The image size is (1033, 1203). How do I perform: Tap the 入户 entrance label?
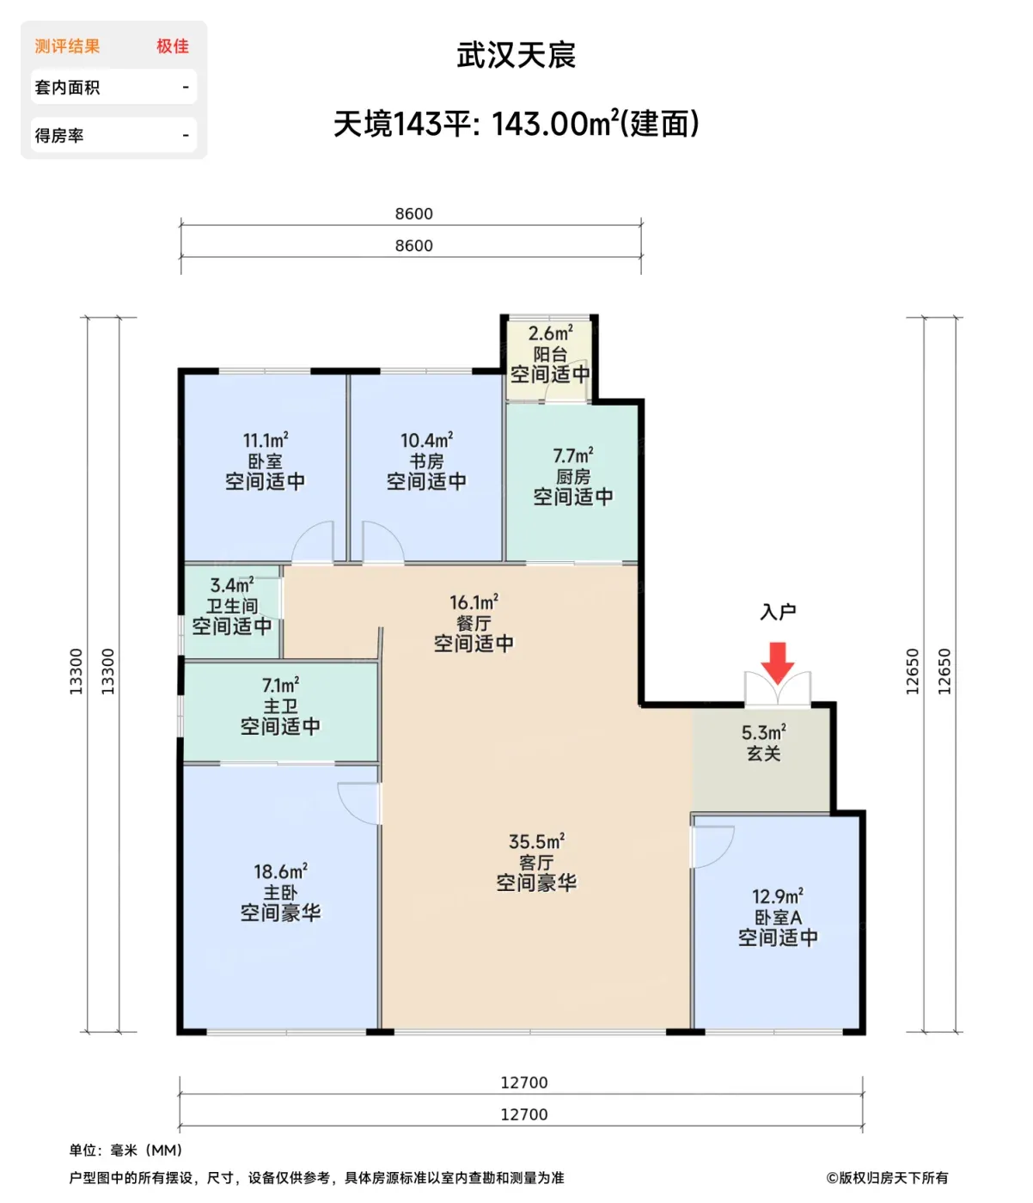tap(777, 611)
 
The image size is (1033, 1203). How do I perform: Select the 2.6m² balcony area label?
tap(549, 333)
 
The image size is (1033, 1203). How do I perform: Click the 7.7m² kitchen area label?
tap(572, 455)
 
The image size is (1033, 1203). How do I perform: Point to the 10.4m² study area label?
tap(426, 440)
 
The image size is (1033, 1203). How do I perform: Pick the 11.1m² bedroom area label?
tap(265, 440)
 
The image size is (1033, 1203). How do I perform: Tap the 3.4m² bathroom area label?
tap(232, 584)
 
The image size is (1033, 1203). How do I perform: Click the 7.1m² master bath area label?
tap(280, 685)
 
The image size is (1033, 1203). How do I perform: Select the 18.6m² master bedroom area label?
tap(280, 871)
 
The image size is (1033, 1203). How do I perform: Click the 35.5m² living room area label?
tap(536, 841)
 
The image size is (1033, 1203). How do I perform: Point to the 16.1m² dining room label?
tap(474, 601)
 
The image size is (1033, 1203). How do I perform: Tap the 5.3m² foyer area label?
tap(763, 732)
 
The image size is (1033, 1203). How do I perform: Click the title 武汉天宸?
tap(516, 55)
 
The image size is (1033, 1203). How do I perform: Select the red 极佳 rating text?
tap(172, 46)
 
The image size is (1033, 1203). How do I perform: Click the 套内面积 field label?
tap(67, 88)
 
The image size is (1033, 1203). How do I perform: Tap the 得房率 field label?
tap(58, 136)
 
